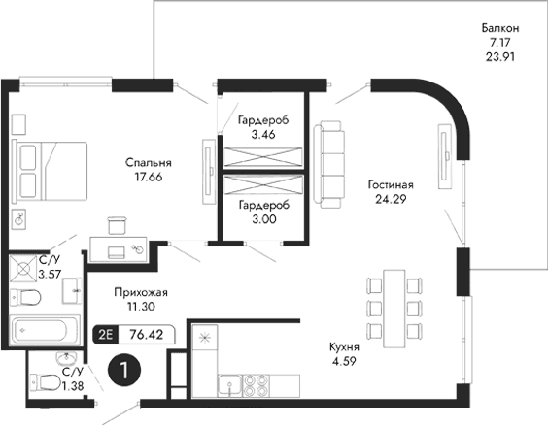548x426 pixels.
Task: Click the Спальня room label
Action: (148, 162)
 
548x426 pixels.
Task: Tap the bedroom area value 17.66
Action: (148, 178)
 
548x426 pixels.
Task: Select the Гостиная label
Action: (392, 183)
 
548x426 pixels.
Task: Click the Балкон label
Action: (500, 29)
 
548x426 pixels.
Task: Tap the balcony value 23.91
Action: (500, 56)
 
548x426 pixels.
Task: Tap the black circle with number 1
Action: (123, 369)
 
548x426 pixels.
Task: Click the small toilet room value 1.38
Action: (72, 386)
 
